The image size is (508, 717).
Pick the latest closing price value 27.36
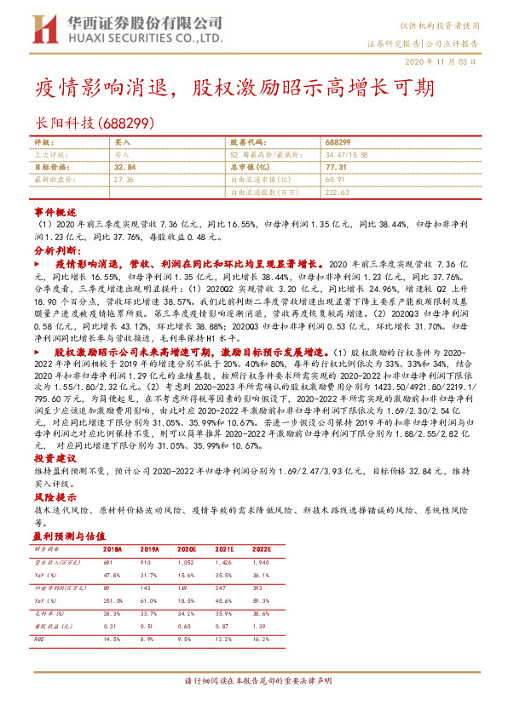124,181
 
